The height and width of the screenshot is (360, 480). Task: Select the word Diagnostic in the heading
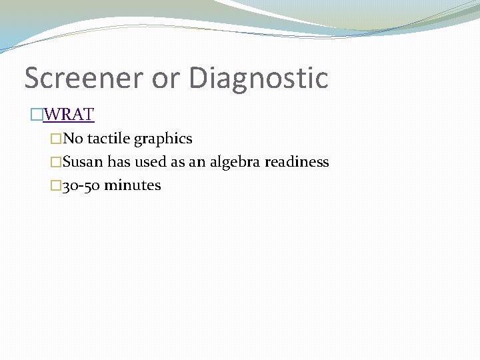pyautogui.click(x=259, y=78)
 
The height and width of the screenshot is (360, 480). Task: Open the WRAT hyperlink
pyautogui.click(x=69, y=115)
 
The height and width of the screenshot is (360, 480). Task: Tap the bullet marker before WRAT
pyautogui.click(x=37, y=115)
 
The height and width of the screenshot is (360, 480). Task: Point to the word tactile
pyautogui.click(x=108, y=139)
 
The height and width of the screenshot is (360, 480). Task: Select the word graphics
pyautogui.click(x=163, y=139)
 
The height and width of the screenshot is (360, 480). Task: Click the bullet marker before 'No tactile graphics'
pyautogui.click(x=57, y=139)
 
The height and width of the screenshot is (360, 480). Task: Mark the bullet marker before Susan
pyautogui.click(x=57, y=163)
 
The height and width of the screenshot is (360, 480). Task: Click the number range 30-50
pyautogui.click(x=81, y=185)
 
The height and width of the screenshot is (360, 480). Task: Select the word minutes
pyautogui.click(x=133, y=185)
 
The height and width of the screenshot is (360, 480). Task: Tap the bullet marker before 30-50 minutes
pyautogui.click(x=57, y=186)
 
